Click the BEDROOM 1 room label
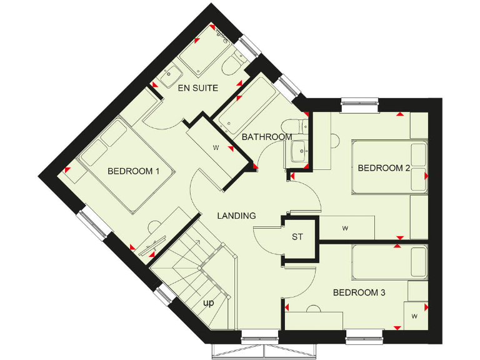(133, 171)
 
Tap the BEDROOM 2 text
(383, 167)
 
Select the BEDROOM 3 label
(359, 292)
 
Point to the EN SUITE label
(198, 88)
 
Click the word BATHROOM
(267, 137)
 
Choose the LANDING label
(236, 216)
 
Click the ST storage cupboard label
(297, 237)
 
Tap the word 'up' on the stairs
(209, 303)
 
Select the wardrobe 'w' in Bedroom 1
(216, 148)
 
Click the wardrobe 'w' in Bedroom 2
(345, 228)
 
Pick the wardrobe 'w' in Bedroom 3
(414, 316)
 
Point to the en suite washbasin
(169, 76)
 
